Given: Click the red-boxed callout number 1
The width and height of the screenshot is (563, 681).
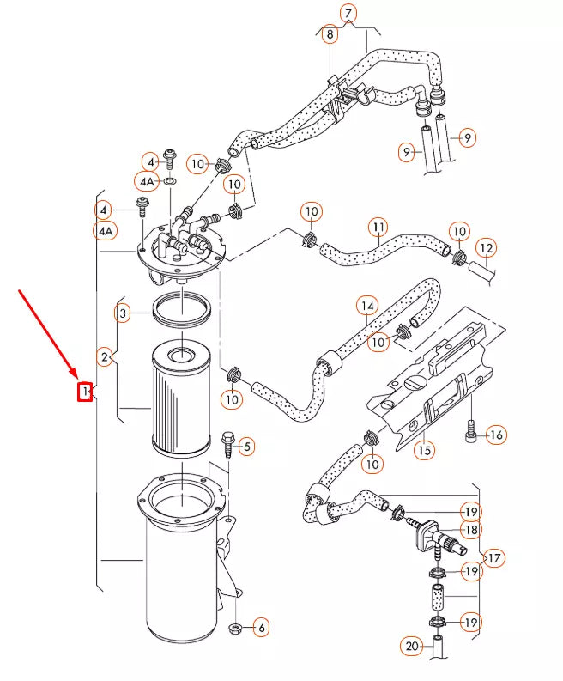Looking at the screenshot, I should [x=85, y=392].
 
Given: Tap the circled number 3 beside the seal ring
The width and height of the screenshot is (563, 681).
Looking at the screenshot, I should [x=124, y=313].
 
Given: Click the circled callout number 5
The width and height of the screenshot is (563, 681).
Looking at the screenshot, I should [x=247, y=446].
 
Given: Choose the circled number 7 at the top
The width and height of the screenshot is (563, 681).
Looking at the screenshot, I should [x=348, y=13].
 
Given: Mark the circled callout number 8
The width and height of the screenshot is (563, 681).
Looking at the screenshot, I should [x=330, y=35].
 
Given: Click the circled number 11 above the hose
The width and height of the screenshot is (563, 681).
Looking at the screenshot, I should [x=378, y=228].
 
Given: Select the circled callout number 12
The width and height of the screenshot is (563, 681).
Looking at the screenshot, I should [x=487, y=249].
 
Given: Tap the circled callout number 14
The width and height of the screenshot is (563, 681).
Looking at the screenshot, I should [x=367, y=305].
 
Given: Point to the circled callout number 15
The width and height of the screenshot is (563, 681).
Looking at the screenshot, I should [x=424, y=449].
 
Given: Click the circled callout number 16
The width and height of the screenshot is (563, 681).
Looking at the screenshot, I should [x=496, y=435].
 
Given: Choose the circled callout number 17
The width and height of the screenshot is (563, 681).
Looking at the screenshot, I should [x=495, y=558].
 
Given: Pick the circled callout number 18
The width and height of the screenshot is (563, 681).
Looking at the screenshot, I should [x=470, y=530].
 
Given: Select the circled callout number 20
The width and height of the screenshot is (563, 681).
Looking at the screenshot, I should [x=411, y=646].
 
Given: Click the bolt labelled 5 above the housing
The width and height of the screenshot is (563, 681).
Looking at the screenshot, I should [x=228, y=443].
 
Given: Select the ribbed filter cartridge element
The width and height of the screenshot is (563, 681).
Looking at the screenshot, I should [x=181, y=399].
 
